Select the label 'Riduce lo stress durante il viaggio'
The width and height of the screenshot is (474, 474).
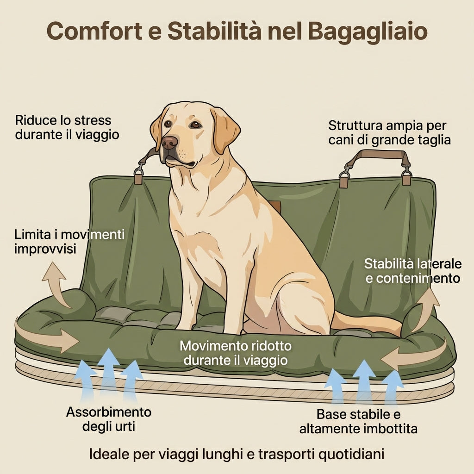click(63, 127)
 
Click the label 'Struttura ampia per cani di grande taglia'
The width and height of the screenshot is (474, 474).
click(389, 132)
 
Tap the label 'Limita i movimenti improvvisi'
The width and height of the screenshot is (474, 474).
click(69, 241)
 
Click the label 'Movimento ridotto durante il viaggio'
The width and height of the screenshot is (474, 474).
click(236, 353)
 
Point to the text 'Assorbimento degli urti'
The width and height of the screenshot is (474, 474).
click(109, 418)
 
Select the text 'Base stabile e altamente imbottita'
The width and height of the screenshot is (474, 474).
click(358, 421)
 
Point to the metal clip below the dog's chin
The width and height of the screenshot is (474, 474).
click(138, 175)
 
